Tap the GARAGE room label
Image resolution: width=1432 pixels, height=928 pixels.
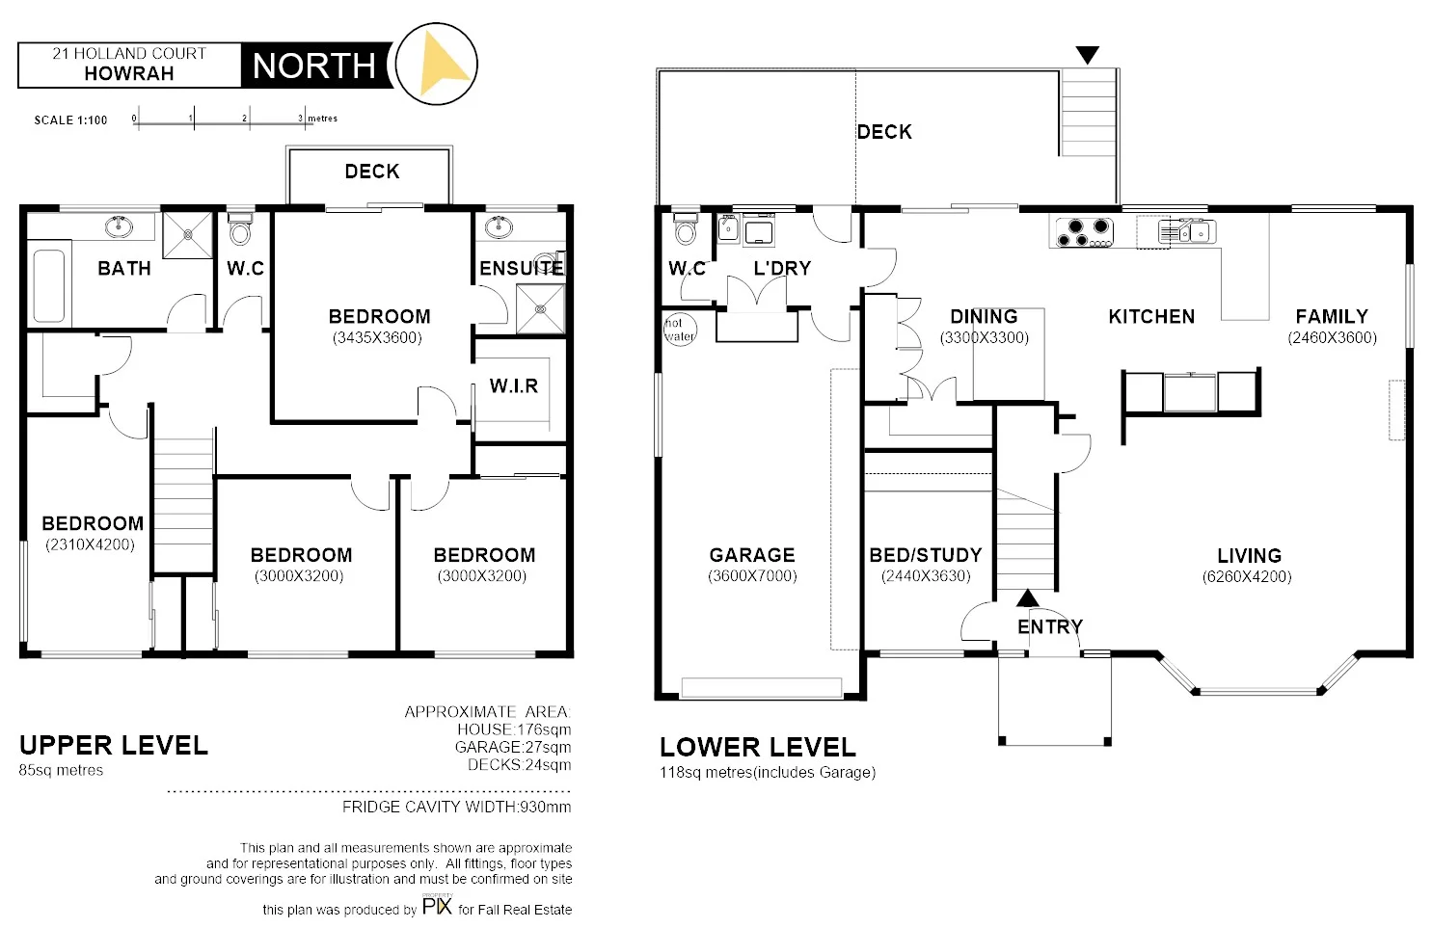tap(752, 555)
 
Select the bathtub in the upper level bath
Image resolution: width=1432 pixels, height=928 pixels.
tap(48, 286)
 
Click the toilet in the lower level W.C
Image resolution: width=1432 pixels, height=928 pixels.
tap(686, 229)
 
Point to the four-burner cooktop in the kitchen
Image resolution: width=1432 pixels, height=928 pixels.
tap(1084, 232)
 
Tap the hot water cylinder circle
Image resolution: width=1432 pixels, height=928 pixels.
tap(679, 330)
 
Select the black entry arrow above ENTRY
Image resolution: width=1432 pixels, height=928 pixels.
tap(1028, 598)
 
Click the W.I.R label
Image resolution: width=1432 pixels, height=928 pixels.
tap(513, 386)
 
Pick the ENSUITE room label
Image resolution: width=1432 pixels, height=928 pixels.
tap(522, 268)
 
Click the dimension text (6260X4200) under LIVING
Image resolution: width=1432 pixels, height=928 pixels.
tap(1247, 577)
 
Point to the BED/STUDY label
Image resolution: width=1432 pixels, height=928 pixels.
tap(925, 555)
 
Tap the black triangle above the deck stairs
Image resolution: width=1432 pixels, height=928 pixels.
tap(1088, 56)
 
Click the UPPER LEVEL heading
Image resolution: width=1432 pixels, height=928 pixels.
tap(114, 745)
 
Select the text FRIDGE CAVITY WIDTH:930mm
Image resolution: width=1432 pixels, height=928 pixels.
tap(457, 808)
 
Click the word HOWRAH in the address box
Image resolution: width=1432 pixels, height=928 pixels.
tap(128, 73)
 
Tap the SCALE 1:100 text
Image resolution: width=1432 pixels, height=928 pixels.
tap(70, 120)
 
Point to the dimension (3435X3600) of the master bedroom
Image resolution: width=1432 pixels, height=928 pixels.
tap(377, 338)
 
